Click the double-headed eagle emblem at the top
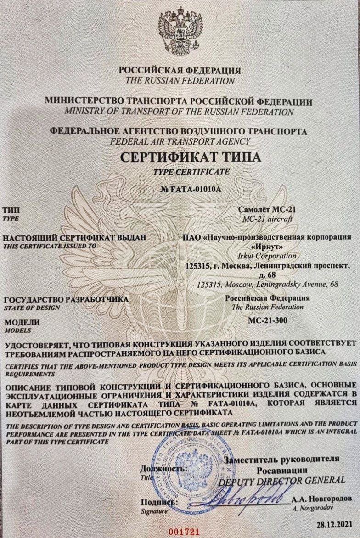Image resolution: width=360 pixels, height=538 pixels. [180, 32]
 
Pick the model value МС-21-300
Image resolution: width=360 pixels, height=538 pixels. [267, 320]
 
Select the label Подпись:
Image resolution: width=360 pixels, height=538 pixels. [159, 502]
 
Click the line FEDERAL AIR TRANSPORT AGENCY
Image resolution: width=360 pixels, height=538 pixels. [180, 141]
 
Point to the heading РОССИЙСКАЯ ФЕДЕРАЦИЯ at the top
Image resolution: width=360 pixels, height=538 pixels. [180, 71]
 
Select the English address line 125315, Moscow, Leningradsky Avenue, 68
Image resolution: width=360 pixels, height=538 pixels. [267, 285]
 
